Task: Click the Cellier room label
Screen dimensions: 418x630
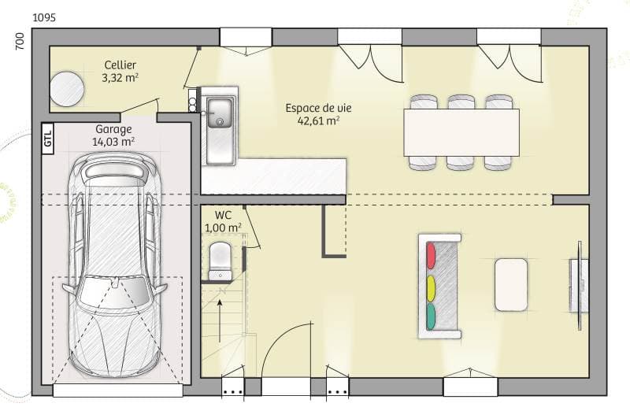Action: [x=120, y=65]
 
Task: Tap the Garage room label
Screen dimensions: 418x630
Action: [x=113, y=129]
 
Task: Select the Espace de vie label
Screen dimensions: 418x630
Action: [x=312, y=108]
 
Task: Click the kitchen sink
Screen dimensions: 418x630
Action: [x=220, y=113]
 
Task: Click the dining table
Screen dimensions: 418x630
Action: [x=461, y=131]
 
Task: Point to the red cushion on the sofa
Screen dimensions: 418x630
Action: [x=431, y=254]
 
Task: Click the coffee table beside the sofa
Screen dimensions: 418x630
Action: [x=511, y=284]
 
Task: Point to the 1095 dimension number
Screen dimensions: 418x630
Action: [x=45, y=17]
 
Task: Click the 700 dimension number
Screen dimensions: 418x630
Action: [x=20, y=42]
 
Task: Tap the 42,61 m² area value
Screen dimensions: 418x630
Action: [x=318, y=121]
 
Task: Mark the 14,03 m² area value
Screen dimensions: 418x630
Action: [x=113, y=142]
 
